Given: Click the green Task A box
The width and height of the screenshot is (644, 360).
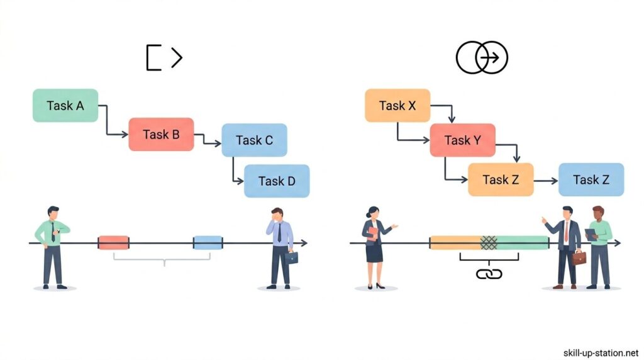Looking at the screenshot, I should click(65, 106).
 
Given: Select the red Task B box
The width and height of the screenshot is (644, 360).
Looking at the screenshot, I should click(161, 134).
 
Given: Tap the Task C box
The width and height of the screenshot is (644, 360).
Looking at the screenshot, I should click(254, 140).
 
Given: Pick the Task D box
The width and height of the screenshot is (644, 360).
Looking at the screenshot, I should click(277, 181).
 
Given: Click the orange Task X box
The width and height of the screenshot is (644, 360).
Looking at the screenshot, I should click(397, 106).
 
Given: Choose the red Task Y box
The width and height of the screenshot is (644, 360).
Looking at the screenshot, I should click(462, 140).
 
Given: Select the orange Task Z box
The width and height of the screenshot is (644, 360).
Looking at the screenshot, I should click(501, 179).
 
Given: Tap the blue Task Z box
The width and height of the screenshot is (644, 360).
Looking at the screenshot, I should click(591, 179).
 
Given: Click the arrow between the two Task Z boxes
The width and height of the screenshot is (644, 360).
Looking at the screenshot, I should click(546, 180).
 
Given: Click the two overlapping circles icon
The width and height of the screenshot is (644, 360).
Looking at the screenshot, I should click(482, 59).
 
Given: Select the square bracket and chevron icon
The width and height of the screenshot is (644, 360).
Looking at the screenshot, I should click(164, 58).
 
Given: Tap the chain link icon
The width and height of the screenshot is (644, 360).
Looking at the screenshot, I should click(489, 274).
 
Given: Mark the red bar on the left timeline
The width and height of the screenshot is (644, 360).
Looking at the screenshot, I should click(114, 243).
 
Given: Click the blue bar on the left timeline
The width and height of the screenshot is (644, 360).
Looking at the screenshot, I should click(208, 243).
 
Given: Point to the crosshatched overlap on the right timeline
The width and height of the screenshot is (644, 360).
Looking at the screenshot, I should click(489, 243).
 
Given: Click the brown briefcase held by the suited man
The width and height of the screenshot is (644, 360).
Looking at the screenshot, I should click(579, 257).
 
